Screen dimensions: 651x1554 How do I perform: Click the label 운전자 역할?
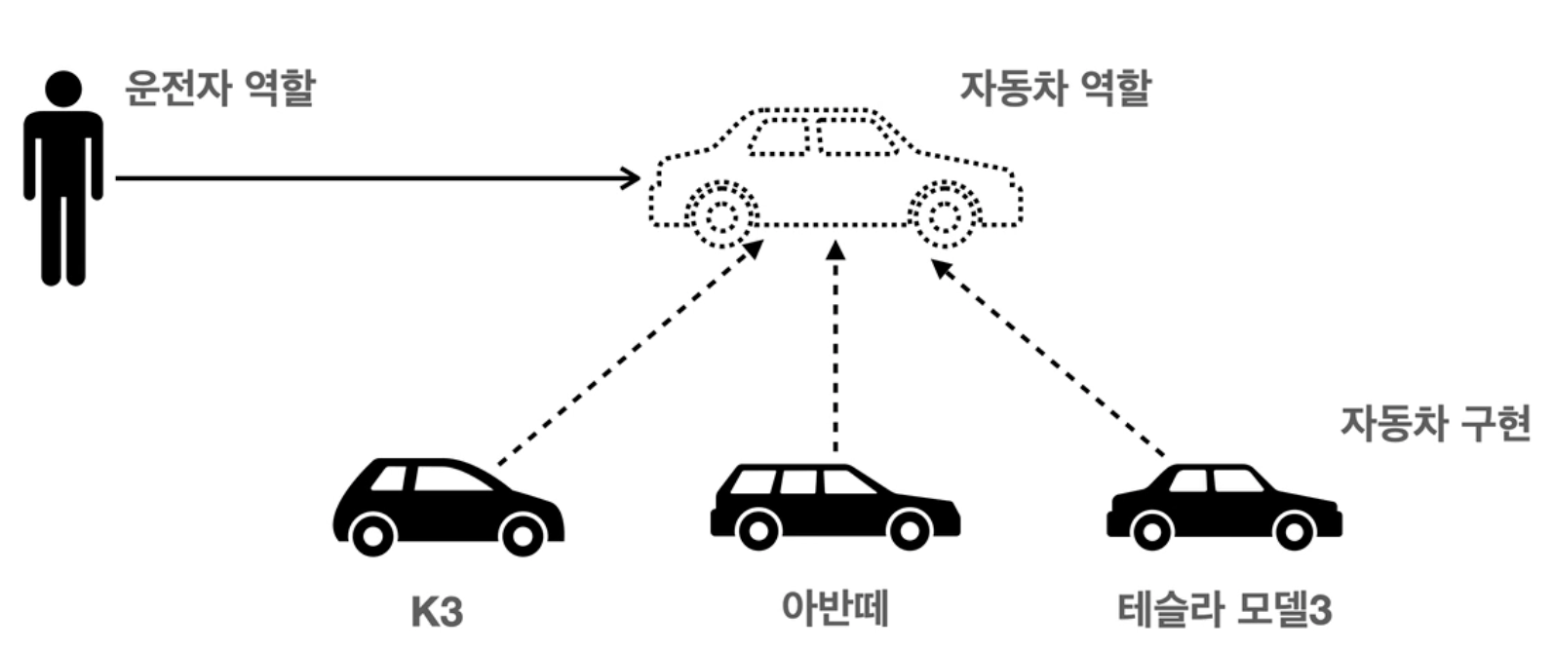pos(219,89)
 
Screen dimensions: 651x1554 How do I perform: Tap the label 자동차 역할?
pos(1056,89)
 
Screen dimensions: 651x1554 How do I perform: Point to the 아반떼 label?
pos(835,607)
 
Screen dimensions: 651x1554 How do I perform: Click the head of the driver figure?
pos(63,90)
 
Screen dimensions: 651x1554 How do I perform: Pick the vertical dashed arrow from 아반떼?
pos(835,351)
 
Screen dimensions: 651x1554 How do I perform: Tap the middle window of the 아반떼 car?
pos(797,481)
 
